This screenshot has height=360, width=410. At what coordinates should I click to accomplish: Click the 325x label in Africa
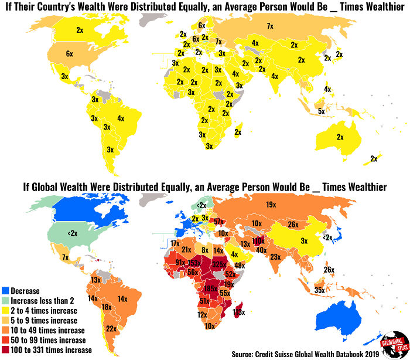219,264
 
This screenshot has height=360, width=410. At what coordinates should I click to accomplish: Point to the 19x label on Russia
270,205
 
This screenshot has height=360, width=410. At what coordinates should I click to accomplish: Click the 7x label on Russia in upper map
270,26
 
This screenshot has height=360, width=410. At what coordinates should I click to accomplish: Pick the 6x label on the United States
69,53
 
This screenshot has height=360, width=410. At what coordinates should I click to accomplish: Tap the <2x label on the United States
72,233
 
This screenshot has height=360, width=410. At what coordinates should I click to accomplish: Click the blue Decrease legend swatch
5,291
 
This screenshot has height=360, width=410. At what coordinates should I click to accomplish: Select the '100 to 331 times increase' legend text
51,350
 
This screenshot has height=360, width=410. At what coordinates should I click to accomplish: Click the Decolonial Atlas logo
386,343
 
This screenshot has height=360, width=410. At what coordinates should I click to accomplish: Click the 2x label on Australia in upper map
340,137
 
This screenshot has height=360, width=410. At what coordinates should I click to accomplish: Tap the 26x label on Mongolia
293,223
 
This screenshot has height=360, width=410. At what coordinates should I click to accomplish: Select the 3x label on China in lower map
304,240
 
